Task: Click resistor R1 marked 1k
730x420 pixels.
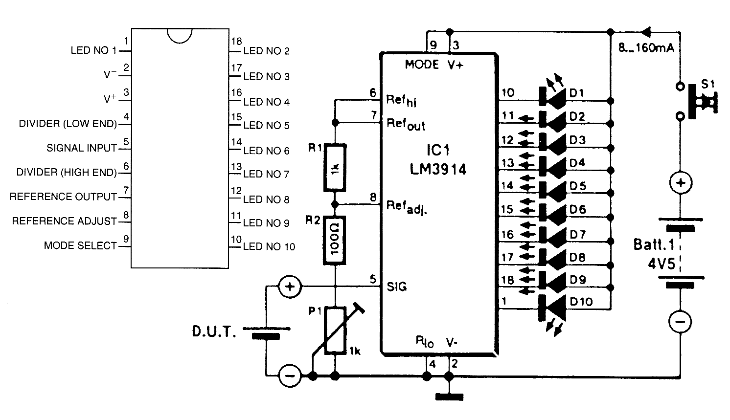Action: (335, 168)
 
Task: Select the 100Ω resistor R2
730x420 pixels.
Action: (335, 240)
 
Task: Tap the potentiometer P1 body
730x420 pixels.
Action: (335, 330)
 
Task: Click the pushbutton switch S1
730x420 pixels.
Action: (697, 101)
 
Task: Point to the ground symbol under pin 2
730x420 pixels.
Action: (450, 397)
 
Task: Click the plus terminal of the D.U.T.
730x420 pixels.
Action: (290, 287)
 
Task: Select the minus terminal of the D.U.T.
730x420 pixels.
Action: (290, 376)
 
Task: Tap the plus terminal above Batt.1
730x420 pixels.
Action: (681, 183)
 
